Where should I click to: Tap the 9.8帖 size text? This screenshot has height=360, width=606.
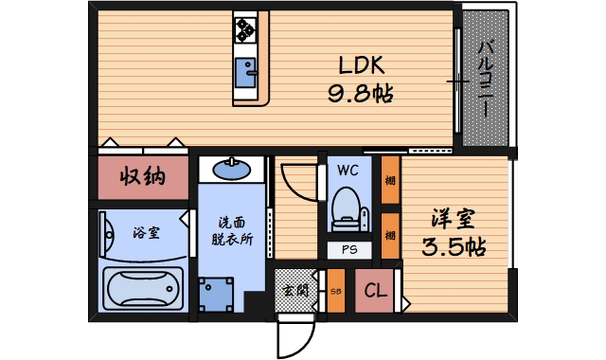(361, 94)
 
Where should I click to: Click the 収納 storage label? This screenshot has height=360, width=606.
(142, 177)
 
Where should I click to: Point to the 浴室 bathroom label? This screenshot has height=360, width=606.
(144, 231)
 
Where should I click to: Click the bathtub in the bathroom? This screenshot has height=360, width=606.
(142, 287)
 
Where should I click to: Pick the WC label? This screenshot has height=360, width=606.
(347, 171)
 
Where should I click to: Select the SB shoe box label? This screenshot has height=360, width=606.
(335, 291)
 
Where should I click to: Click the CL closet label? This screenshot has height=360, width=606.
(376, 291)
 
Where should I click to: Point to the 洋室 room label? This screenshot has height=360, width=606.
(454, 219)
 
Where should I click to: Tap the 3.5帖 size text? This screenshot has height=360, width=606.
(454, 248)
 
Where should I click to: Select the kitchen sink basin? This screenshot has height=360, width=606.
(248, 74)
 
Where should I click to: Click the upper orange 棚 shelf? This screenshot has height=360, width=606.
(389, 181)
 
